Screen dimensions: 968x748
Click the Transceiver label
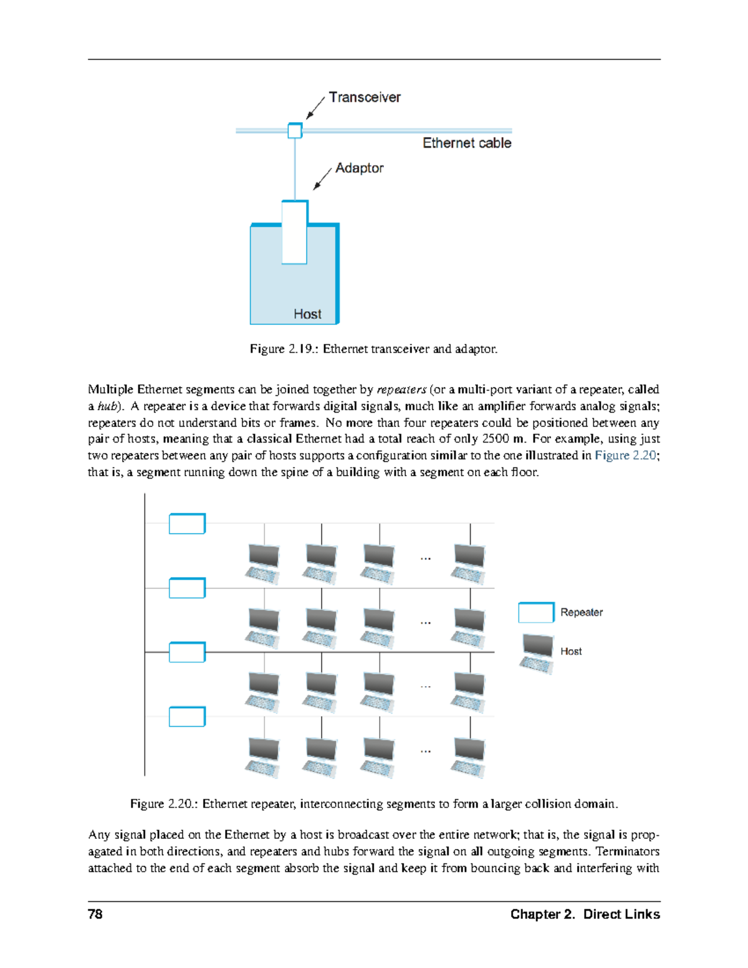coord(365,97)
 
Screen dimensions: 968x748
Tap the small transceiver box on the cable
coord(295,130)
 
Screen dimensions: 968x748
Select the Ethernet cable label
coord(467,143)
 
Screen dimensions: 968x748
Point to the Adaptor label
coord(359,168)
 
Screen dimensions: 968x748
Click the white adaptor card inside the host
coord(294,232)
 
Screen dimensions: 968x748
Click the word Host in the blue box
coord(307,314)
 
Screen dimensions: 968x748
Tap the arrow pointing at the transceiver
coord(315,107)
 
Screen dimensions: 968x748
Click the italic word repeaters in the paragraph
coord(401,390)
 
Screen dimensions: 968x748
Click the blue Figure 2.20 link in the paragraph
coord(625,456)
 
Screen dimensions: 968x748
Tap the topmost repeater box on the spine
coord(187,524)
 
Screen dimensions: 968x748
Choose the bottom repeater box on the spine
coord(187,717)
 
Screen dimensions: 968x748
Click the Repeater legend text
coord(581,613)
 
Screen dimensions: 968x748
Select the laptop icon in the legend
coord(537,653)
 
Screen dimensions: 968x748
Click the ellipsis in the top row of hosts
coord(426,558)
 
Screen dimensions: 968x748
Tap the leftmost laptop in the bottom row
coord(263,757)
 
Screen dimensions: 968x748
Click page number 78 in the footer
coord(95,914)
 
